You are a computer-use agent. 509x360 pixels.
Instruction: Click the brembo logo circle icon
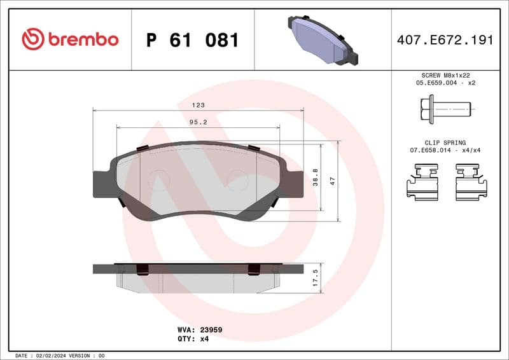click(x=33, y=39)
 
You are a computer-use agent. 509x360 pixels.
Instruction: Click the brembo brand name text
click(x=83, y=39)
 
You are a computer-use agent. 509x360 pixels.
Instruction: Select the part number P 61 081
click(x=192, y=40)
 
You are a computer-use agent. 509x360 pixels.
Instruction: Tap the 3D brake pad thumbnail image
click(x=323, y=39)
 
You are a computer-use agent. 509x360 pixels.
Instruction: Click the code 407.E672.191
click(x=445, y=40)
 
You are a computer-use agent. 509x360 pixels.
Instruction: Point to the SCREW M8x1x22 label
click(x=445, y=75)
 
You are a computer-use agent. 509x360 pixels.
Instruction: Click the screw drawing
click(x=445, y=109)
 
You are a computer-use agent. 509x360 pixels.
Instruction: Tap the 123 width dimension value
click(x=199, y=106)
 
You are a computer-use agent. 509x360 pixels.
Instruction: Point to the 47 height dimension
click(x=332, y=181)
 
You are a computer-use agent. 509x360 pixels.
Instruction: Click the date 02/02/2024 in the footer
click(x=50, y=356)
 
